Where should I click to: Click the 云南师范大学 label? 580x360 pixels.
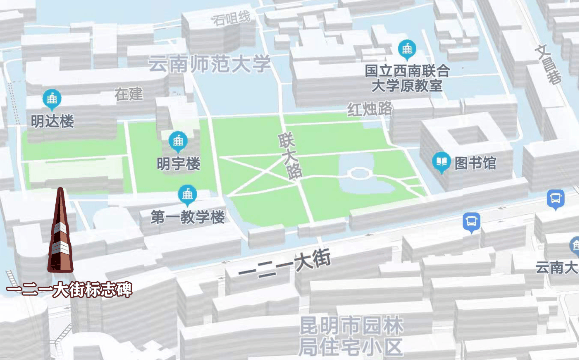pos(210,65)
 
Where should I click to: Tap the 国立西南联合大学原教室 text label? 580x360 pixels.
pos(406,79)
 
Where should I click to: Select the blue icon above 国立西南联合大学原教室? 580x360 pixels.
pos(407,48)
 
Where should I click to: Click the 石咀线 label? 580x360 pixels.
pos(231,17)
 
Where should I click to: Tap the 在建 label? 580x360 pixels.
pos(128,94)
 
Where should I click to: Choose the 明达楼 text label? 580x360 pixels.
pos(52,122)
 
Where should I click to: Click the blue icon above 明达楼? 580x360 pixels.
pos(52,98)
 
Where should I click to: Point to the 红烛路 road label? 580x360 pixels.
pos(369,108)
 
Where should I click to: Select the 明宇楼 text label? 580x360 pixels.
pos(179,163)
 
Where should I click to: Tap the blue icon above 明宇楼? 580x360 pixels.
pos(179,140)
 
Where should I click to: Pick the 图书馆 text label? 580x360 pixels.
pos(476,163)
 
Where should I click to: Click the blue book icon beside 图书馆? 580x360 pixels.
pos(440,161)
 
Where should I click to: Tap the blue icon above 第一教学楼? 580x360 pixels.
pos(187,194)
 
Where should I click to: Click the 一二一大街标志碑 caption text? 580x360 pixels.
pos(68,289)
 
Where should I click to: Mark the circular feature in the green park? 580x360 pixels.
pos(359,174)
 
